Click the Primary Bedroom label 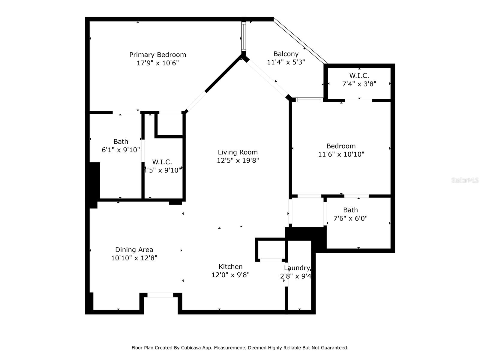point(157,55)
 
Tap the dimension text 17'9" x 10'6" point(157,63)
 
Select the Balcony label point(286,54)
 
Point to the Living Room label point(238,152)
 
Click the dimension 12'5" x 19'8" point(238,160)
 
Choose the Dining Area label point(134,250)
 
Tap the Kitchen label point(230,266)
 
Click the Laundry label point(297,268)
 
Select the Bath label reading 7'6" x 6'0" point(350,210)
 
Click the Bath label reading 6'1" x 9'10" point(121,142)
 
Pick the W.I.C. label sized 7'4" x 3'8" point(359,76)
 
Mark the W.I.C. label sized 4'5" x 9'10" point(162,162)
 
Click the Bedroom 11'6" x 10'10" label point(341,146)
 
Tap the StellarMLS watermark point(465,180)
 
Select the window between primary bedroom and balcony point(244,37)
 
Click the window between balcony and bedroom point(309,100)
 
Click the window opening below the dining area point(160,295)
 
